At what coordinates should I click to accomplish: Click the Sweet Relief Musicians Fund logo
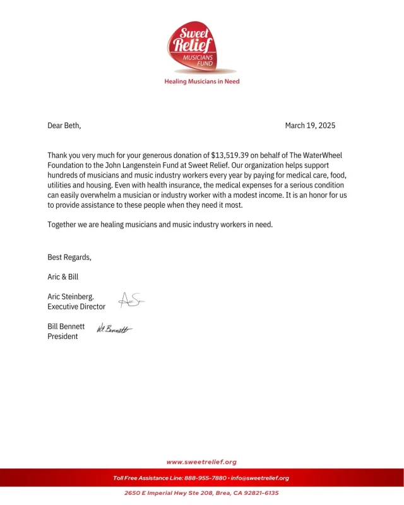click(202, 48)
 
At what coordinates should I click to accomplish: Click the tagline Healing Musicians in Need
click(202, 81)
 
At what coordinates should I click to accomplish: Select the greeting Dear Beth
click(64, 126)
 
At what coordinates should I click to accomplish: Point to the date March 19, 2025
click(310, 126)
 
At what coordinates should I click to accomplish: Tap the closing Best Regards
click(69, 257)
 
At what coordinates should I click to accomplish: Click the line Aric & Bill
click(63, 276)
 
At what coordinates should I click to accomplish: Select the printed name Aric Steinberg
click(71, 296)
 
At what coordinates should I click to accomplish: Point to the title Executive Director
click(76, 306)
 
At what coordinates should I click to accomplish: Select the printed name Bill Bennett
click(66, 326)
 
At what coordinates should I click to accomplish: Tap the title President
click(63, 336)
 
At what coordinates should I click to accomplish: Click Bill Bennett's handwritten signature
click(114, 329)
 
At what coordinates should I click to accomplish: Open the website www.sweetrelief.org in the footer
click(201, 462)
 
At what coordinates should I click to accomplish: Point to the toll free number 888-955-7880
click(205, 478)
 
